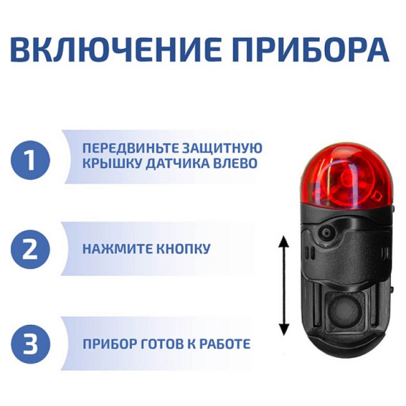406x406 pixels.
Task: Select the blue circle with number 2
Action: (x=31, y=249)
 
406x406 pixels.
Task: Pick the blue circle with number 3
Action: (x=31, y=344)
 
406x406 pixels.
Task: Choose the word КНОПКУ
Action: (x=181, y=249)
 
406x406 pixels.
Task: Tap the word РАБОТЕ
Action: (x=224, y=344)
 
